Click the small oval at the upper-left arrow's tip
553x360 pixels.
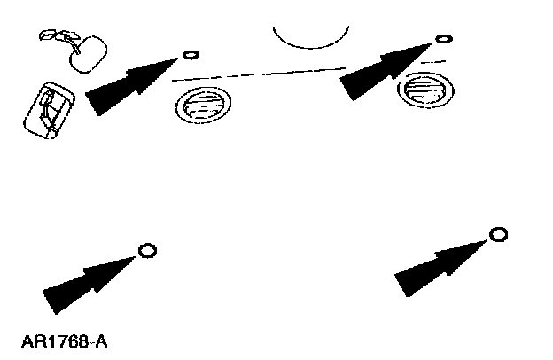189,55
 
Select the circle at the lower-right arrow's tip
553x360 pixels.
498,234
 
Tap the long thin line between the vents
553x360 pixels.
257,74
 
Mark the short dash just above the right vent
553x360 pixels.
432,62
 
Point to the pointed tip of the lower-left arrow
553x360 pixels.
138,254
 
